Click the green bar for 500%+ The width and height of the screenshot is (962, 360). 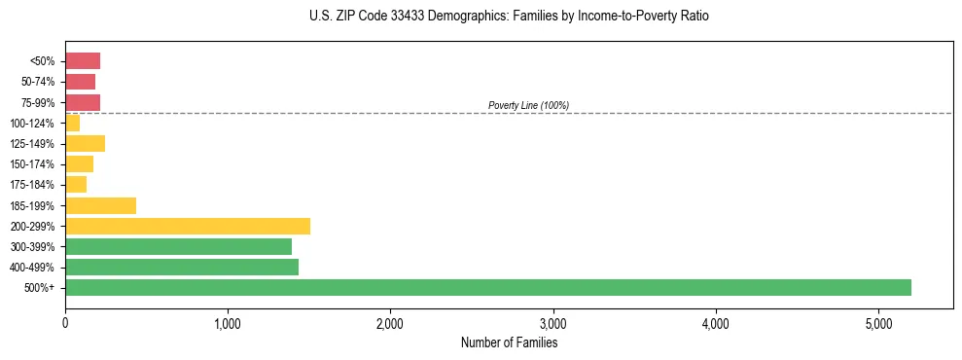tap(487, 287)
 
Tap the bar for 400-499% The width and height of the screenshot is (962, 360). tap(181, 267)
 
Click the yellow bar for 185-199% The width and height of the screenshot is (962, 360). tap(100, 205)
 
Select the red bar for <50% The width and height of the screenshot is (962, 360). tap(83, 61)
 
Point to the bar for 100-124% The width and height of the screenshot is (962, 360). tap(73, 123)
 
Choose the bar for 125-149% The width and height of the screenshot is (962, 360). tap(85, 143)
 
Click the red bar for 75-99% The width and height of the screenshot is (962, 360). tap(83, 102)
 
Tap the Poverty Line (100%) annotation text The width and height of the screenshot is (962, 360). tap(528, 105)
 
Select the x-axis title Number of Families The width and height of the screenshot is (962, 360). tap(509, 342)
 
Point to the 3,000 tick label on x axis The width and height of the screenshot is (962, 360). tap(552, 322)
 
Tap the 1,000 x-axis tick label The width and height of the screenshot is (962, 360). tap(228, 322)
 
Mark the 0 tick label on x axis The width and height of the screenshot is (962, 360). tap(65, 322)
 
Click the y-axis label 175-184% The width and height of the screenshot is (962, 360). tap(32, 185)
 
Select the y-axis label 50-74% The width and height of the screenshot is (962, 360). tap(37, 82)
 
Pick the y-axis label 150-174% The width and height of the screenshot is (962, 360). tap(32, 164)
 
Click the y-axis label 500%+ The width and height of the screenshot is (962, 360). tap(40, 288)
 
